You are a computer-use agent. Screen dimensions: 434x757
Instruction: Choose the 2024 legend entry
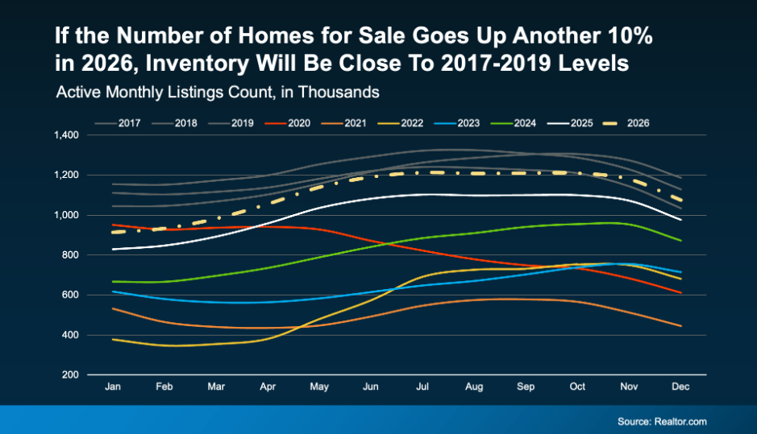(523, 123)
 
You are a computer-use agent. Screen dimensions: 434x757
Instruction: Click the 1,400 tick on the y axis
(66, 135)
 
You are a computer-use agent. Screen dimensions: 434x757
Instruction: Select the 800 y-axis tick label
(71, 255)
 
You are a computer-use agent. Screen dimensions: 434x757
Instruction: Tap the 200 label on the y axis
(71, 375)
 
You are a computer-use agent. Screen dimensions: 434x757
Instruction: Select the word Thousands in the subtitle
(347, 93)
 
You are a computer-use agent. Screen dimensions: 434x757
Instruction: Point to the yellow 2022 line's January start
(112, 339)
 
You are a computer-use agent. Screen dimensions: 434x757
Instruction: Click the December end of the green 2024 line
(681, 241)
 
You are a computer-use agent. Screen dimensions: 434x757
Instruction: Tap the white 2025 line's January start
(112, 250)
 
